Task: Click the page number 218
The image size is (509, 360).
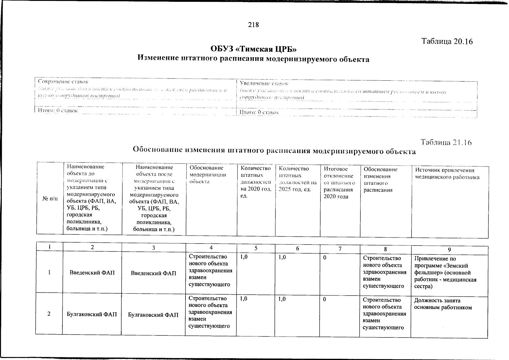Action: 253,25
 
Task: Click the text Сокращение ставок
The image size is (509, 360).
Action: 63,82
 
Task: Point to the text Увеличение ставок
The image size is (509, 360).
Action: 264,83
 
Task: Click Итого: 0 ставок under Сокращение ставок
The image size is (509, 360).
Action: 58,110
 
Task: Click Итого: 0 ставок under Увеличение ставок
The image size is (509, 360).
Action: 259,112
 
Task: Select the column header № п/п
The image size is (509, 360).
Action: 50,199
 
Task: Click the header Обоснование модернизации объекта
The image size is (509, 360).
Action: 207,175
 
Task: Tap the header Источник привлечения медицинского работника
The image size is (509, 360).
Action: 447,174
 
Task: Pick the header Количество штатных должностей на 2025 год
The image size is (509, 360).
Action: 297,179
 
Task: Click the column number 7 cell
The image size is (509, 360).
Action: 340,249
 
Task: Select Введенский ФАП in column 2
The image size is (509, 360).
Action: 92,273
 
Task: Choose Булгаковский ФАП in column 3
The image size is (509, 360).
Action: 153,315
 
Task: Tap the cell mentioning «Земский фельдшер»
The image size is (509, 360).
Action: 445,272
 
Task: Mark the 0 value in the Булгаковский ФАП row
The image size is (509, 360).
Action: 325,299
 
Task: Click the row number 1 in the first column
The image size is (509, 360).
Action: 49,272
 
